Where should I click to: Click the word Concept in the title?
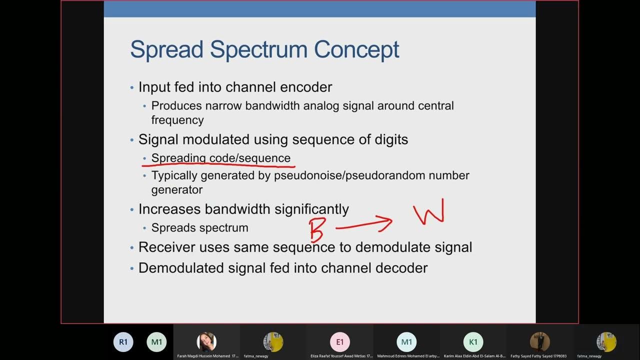356,50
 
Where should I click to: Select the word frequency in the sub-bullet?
177,120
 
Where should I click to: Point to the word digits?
391,139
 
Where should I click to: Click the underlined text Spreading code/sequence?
220,158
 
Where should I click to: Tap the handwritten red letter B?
317,229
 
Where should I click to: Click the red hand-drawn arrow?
364,224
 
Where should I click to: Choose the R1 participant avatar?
123,342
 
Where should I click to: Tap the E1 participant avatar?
340,342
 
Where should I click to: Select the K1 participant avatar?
473,342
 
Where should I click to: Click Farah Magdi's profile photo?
206,342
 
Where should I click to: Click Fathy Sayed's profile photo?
539,342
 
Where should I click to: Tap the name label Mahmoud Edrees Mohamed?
406,356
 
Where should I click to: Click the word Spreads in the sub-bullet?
170,227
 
